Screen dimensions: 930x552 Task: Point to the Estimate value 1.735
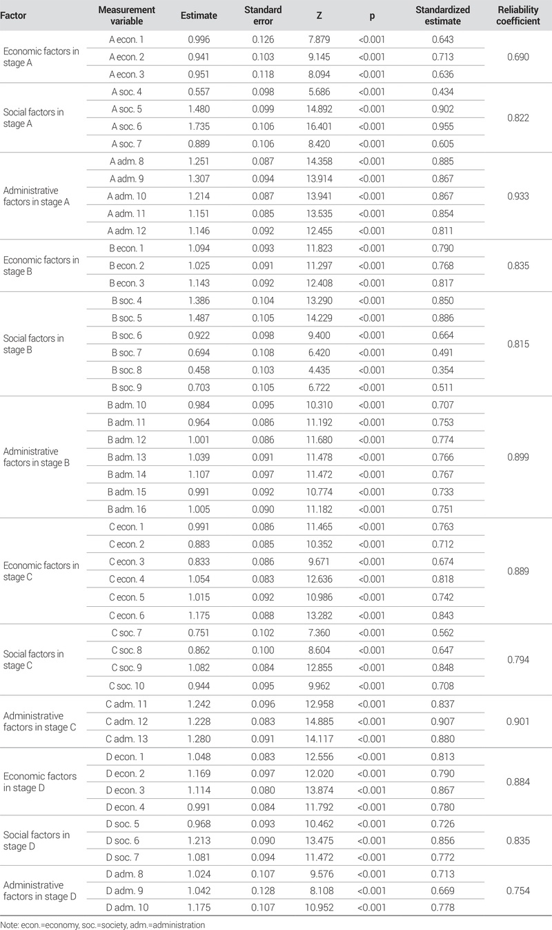[x=203, y=126]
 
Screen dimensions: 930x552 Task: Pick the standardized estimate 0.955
[x=442, y=126]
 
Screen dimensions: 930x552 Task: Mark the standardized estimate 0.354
[x=442, y=371]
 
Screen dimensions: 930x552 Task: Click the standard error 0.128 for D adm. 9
[x=262, y=891]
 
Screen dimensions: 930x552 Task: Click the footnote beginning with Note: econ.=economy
[x=102, y=924]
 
